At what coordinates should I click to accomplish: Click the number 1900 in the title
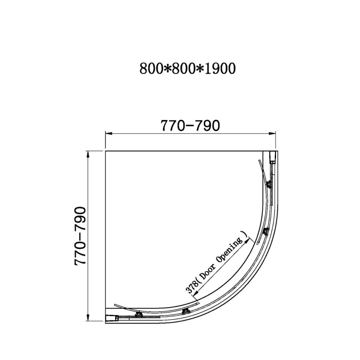218,69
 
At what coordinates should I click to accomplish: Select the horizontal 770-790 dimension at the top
190,126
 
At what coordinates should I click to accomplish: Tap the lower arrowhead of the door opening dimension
195,296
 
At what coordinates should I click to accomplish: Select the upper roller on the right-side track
269,185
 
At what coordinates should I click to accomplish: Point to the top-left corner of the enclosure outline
105,151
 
